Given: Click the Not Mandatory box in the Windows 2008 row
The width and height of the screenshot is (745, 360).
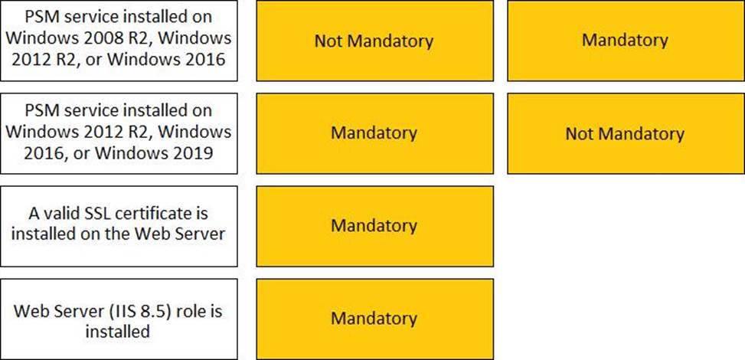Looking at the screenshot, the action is (x=375, y=41).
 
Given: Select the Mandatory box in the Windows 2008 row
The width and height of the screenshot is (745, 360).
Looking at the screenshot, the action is (x=626, y=41).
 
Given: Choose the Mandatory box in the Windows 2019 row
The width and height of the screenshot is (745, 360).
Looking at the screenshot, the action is (x=375, y=133).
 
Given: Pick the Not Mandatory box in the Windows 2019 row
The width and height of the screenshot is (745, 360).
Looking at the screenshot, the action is (x=626, y=133).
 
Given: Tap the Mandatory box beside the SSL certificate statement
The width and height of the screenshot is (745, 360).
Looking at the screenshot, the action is (x=375, y=226).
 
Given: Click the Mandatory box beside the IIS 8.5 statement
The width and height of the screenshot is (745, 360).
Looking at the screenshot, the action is (x=375, y=319).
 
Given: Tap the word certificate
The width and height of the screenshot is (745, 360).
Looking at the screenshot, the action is (x=154, y=214).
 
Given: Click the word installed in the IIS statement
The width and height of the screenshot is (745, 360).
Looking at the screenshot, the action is (x=117, y=331).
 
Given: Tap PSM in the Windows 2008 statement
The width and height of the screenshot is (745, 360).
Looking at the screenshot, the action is (x=41, y=18).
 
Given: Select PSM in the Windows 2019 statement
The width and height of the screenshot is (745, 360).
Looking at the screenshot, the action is (x=41, y=110).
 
